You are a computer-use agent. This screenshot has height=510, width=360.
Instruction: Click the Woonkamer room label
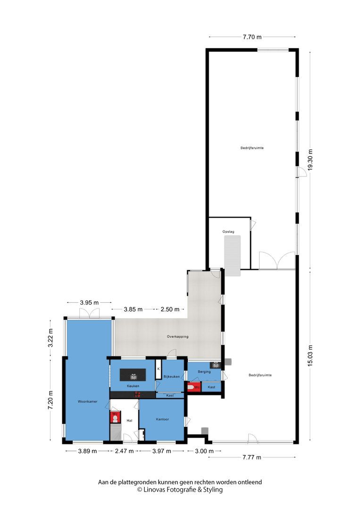(88, 401)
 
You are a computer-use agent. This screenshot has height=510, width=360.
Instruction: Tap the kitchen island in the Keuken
(133, 375)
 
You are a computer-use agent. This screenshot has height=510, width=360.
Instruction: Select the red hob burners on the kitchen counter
(137, 393)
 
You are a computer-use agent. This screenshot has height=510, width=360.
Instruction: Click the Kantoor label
(162, 419)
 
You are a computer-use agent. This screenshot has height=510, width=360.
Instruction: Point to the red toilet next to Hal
(115, 418)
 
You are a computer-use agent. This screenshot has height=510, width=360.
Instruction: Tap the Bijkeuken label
(171, 376)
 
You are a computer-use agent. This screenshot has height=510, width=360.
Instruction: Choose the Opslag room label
(228, 232)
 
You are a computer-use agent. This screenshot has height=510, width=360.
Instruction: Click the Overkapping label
(178, 337)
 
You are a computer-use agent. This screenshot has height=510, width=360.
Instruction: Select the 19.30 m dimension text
(310, 162)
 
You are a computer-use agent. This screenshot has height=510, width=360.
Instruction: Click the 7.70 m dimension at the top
(252, 36)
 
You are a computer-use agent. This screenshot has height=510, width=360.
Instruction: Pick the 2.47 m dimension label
(124, 451)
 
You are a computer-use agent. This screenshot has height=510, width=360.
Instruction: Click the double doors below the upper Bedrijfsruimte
(277, 261)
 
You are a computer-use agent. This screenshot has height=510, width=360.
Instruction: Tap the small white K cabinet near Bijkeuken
(159, 369)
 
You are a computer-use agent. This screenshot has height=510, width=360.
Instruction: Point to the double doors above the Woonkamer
(89, 314)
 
